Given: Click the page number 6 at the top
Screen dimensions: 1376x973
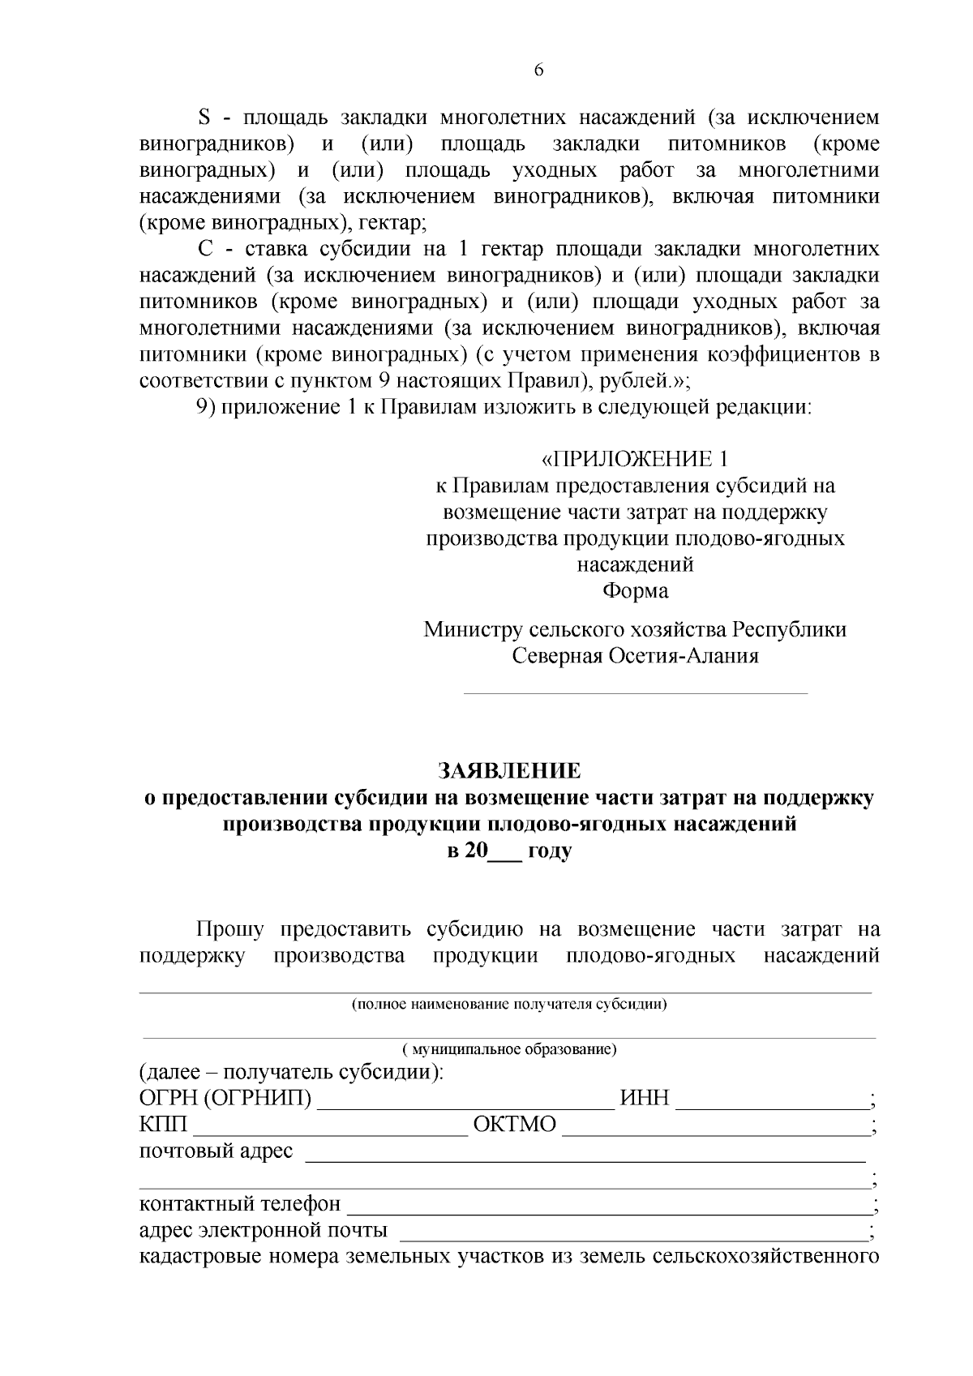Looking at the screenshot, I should pyautogui.click(x=538, y=71).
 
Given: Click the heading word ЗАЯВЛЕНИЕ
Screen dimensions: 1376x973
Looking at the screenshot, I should pyautogui.click(x=509, y=770).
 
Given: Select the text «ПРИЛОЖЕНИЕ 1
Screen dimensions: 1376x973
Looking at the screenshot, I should pyautogui.click(x=635, y=460).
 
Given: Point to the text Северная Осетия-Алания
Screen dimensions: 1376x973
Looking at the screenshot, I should pyautogui.click(x=635, y=656).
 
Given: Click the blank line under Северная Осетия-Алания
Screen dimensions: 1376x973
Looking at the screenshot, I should pyautogui.click(x=635, y=693).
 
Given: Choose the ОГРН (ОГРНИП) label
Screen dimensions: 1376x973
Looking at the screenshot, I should pyautogui.click(x=225, y=1099).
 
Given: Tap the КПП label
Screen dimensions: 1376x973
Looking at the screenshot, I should pyautogui.click(x=163, y=1125).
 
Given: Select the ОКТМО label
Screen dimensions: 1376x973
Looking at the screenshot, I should pyautogui.click(x=515, y=1125).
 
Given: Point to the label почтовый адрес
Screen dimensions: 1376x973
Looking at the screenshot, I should pyautogui.click(x=216, y=1151).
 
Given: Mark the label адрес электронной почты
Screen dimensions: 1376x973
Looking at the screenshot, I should pyautogui.click(x=264, y=1231).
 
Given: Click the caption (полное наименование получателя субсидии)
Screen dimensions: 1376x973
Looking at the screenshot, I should pyautogui.click(x=508, y=1005).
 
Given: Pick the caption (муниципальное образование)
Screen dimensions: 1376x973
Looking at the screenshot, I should pyautogui.click(x=510, y=1050).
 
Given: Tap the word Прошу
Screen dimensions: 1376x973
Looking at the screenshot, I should pyautogui.click(x=229, y=929).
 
